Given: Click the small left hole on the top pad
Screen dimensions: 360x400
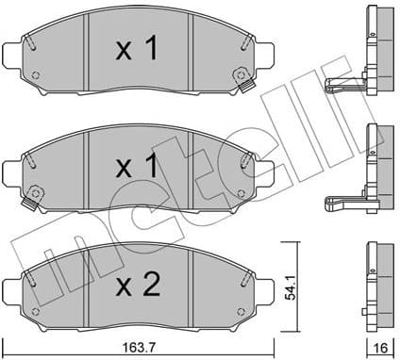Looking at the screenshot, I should click(x=36, y=76).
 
